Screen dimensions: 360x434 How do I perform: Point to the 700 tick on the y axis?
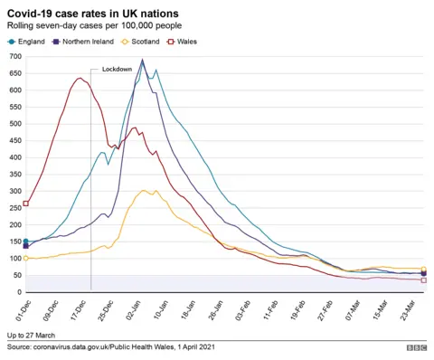14,57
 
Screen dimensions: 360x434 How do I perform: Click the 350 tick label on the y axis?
14,175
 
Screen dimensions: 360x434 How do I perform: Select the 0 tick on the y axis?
18,292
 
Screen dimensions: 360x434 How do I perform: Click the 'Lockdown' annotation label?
117,70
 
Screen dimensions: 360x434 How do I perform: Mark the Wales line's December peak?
80,78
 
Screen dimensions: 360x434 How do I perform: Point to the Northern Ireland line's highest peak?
143,62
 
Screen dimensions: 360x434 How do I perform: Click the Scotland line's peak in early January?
144,190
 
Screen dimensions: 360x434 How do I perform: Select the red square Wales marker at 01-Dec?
25,204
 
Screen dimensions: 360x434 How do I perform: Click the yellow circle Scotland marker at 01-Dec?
25,258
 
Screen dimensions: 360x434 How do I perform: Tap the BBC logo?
416,346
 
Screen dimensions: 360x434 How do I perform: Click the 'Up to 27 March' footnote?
33,335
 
